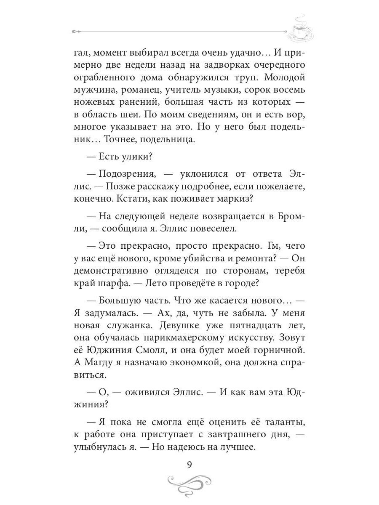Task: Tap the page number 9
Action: point(189,465)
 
